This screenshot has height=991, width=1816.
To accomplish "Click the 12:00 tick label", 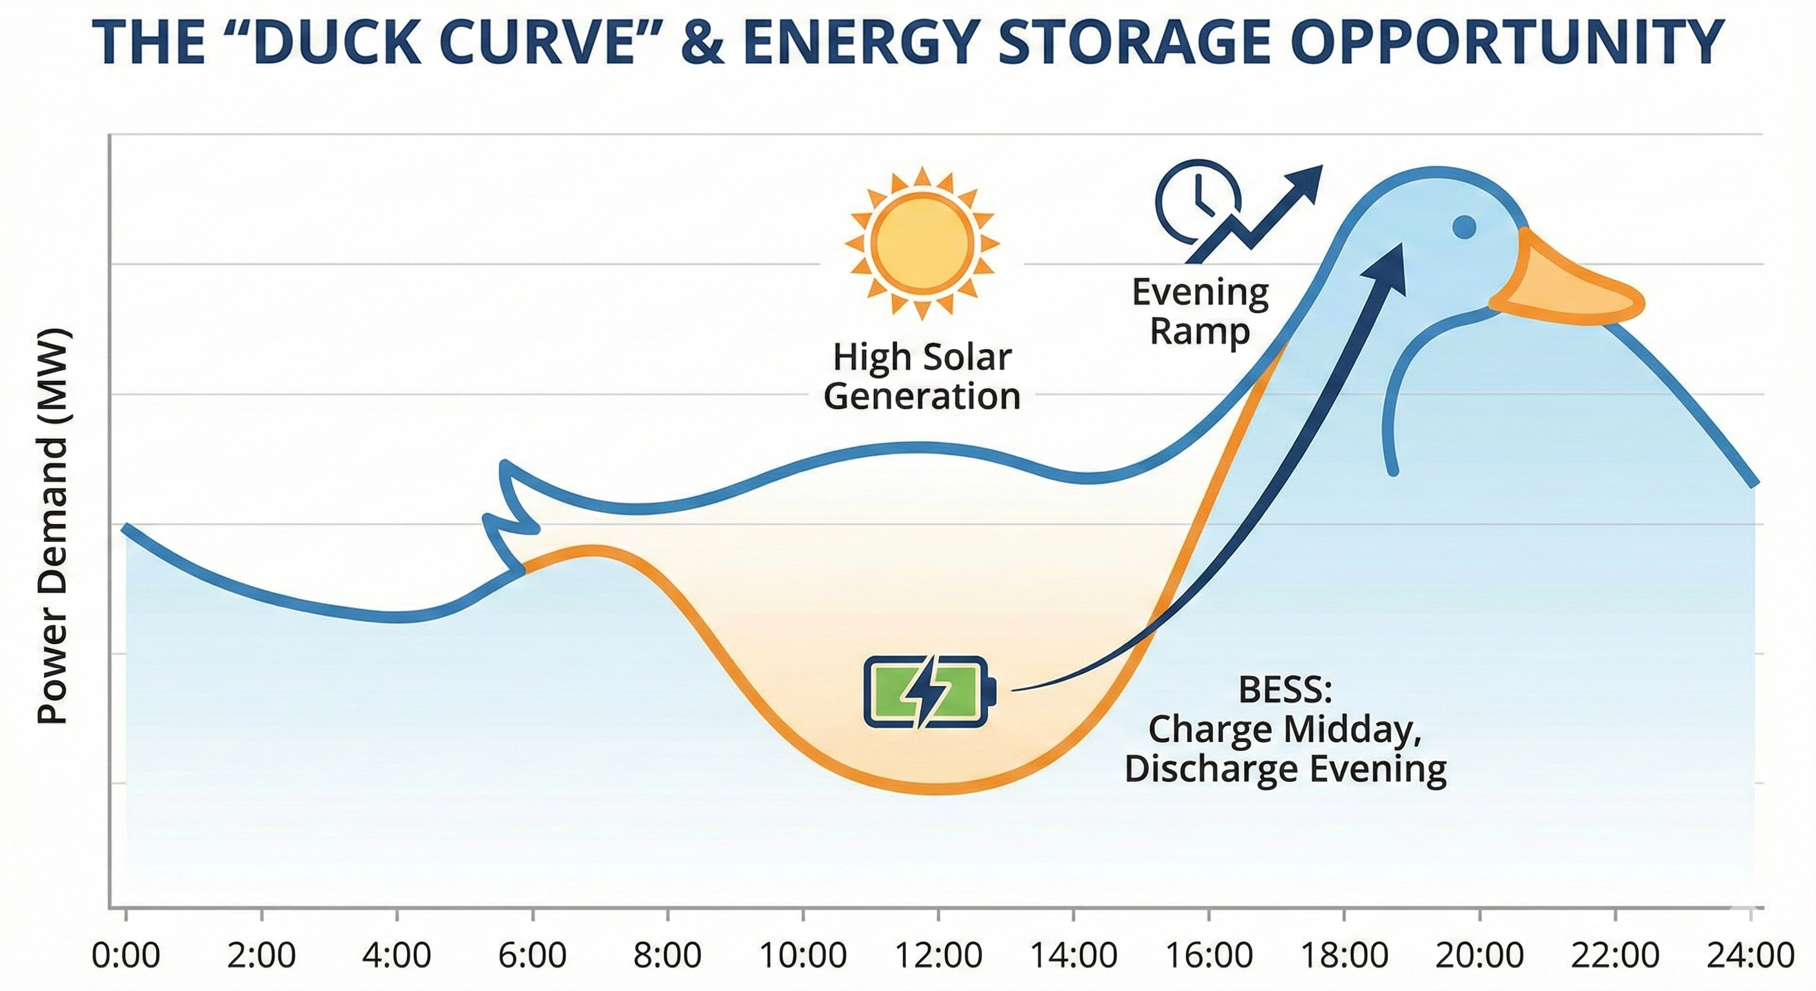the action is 938,956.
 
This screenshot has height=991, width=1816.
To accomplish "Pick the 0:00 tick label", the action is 126,956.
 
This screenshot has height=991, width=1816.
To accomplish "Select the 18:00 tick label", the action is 1345,956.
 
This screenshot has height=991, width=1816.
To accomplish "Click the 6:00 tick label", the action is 532,956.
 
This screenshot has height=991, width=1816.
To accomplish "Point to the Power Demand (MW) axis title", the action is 52,525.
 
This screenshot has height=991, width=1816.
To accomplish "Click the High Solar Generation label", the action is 922,377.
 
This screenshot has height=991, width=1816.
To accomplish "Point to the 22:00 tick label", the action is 1615,956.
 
